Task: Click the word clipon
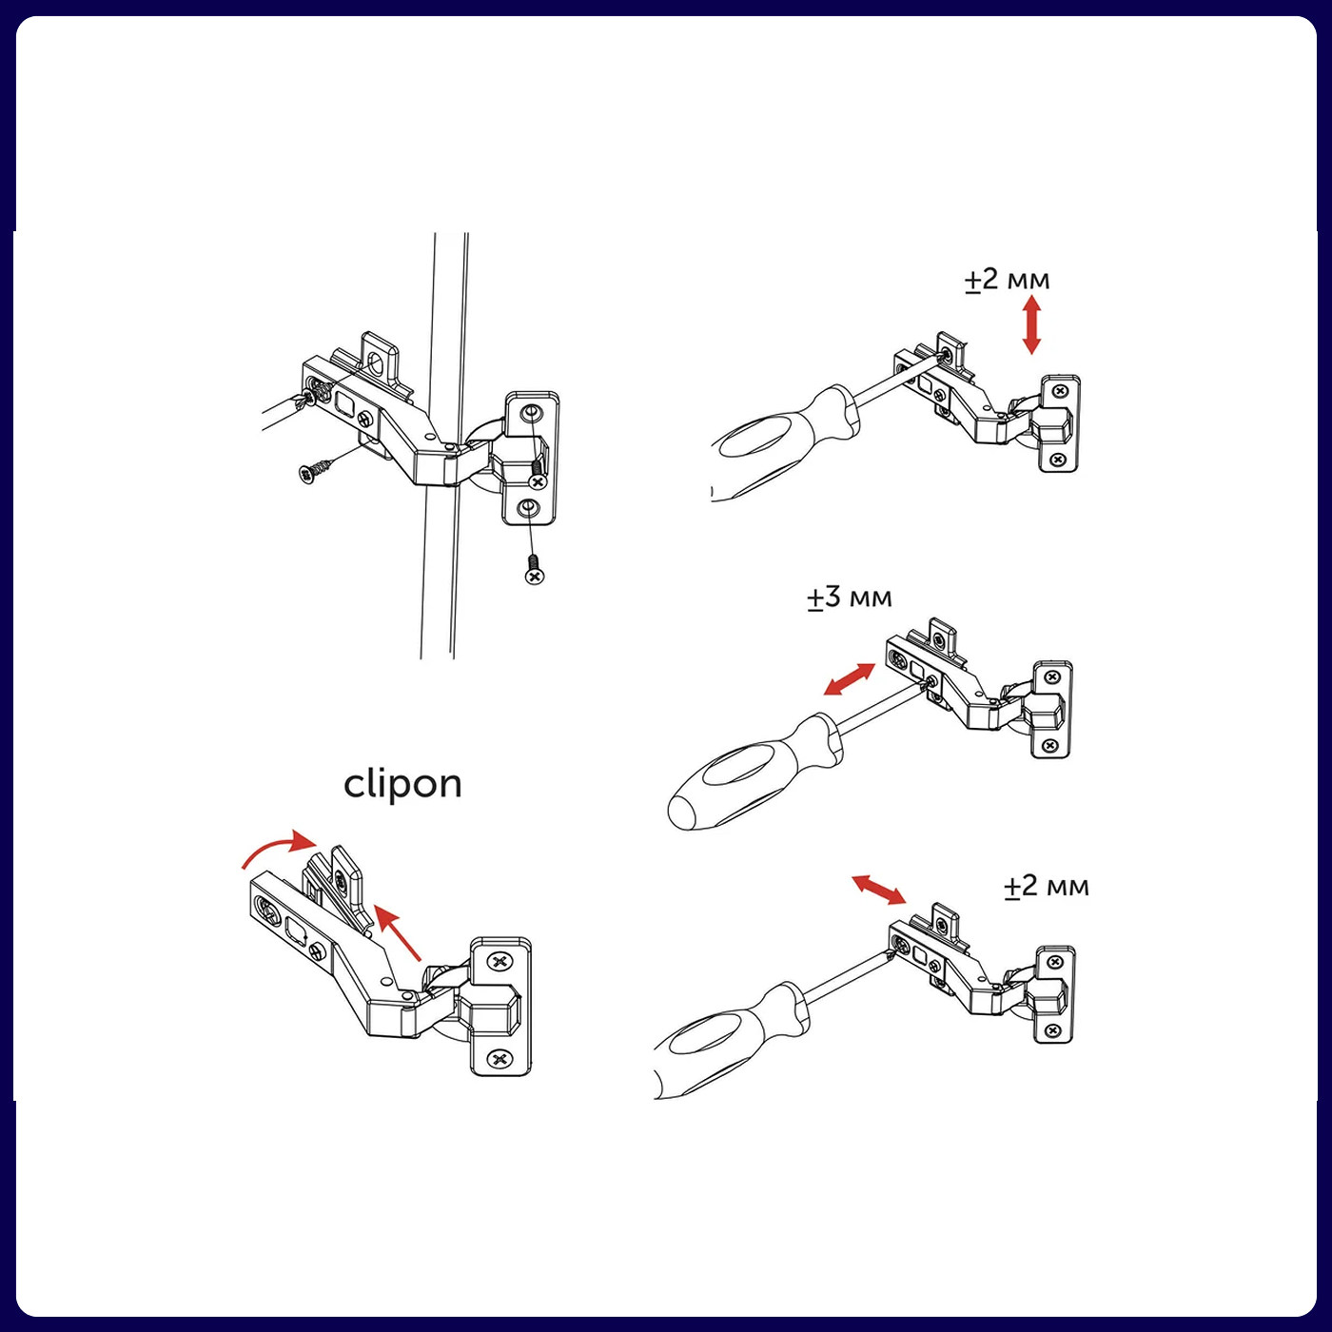[x=403, y=785]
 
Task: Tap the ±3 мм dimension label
[x=850, y=597]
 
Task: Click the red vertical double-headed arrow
[x=1031, y=324]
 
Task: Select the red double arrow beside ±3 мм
[x=850, y=678]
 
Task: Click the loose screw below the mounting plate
[x=534, y=569]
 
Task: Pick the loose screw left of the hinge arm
[x=315, y=471]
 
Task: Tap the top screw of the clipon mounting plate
[x=499, y=961]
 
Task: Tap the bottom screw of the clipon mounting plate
[x=499, y=1058]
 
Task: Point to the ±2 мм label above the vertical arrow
[x=1008, y=280]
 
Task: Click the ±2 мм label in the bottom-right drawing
[x=1047, y=886]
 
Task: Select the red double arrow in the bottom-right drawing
[x=878, y=889]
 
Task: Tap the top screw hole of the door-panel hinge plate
[x=529, y=413]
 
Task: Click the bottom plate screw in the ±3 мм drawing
[x=1050, y=744]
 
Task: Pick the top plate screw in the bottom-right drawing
[x=1055, y=962]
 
